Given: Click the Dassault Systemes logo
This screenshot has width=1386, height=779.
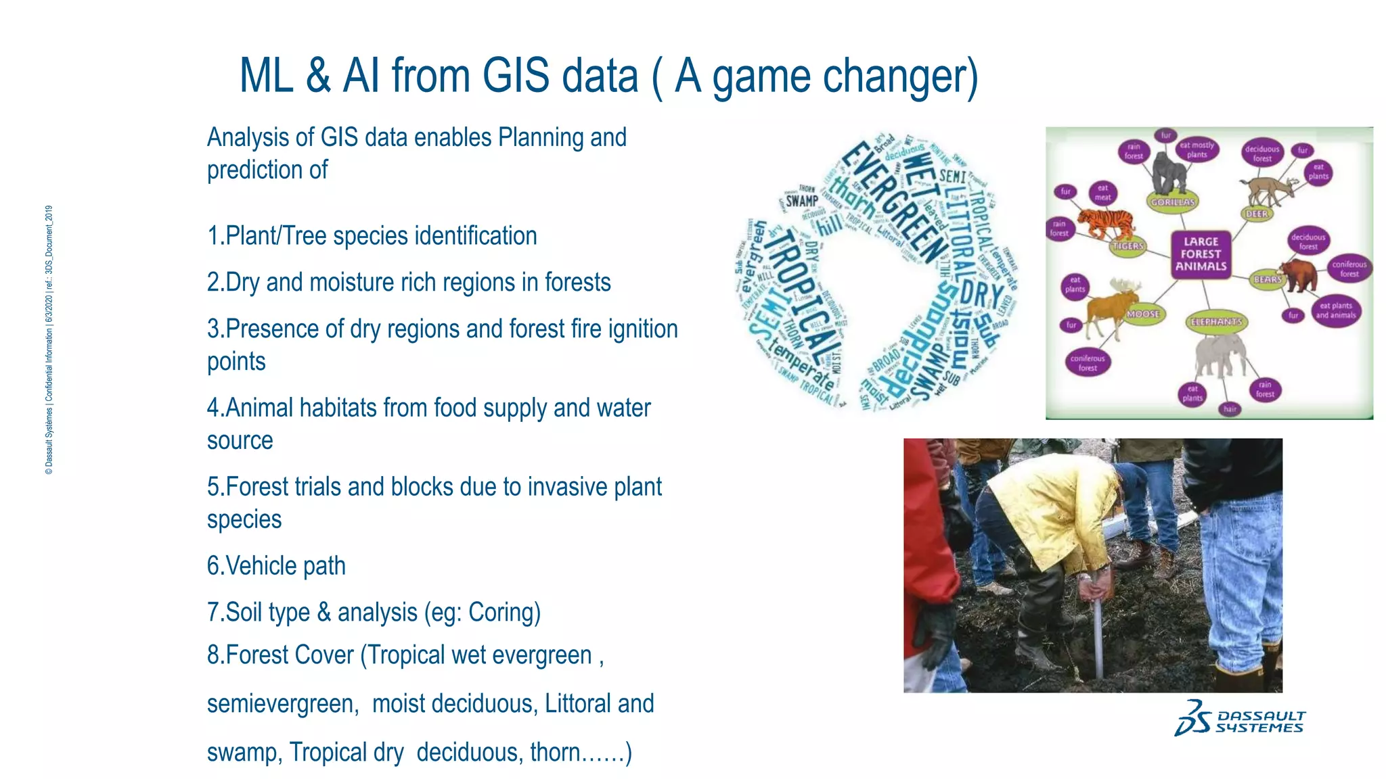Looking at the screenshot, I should [x=1240, y=719].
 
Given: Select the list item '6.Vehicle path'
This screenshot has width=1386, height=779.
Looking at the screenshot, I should [x=276, y=566].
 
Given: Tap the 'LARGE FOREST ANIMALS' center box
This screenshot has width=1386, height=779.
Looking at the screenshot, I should [x=1201, y=254].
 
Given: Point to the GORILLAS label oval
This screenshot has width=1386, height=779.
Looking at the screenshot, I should [x=1173, y=202].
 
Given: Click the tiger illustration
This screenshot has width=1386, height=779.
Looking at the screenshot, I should [x=1104, y=222].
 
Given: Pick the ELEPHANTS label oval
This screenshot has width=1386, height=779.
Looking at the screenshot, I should [x=1216, y=322].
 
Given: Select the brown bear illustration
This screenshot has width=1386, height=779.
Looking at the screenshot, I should [x=1297, y=275].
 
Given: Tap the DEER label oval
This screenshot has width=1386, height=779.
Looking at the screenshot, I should [x=1257, y=214].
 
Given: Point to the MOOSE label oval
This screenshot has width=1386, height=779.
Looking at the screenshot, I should [x=1143, y=314].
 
